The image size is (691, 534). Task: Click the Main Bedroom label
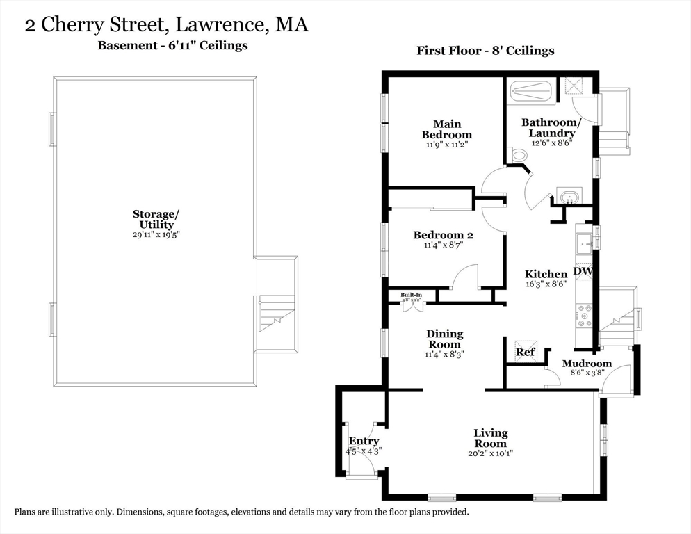coord(446,129)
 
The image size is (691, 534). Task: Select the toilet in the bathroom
coord(518,155)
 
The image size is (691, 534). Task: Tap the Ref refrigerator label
coord(525,353)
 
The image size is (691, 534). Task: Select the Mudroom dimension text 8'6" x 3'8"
coord(587,373)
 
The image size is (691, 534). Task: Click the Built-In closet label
coord(411,295)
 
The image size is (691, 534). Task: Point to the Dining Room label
coord(444,339)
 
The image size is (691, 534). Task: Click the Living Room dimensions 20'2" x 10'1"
coord(491,453)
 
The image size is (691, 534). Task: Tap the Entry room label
coord(364,441)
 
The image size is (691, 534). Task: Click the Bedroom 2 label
coord(443,235)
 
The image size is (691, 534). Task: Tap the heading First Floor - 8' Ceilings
coord(485,51)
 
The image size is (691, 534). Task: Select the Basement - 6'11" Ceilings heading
coord(171,46)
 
